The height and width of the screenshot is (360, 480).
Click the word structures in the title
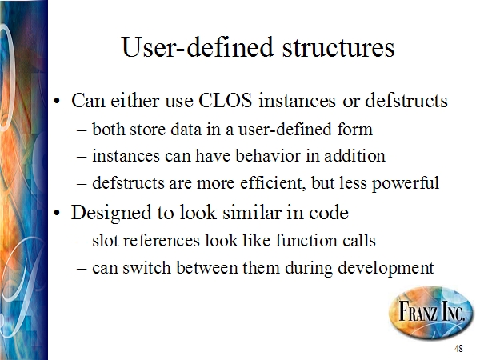tap(338, 47)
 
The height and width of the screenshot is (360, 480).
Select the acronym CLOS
tap(226, 100)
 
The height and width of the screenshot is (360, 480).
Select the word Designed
tap(111, 213)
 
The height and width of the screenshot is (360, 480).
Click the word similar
tap(252, 212)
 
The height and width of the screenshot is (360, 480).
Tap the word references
tap(162, 240)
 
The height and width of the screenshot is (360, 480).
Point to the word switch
tap(146, 267)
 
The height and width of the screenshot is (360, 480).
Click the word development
tap(386, 268)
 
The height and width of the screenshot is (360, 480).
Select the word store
tap(148, 129)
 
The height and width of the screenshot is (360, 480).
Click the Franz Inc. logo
tap(431, 313)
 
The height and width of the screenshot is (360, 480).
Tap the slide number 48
tap(458, 348)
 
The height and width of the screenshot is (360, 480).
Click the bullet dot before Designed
tap(57, 213)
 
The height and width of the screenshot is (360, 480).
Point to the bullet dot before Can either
tap(57, 101)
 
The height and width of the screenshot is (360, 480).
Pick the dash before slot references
tap(82, 242)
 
